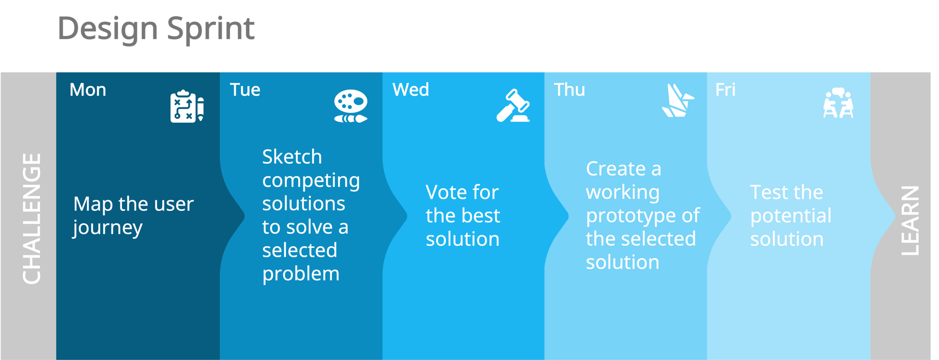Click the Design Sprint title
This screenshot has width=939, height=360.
tap(155, 29)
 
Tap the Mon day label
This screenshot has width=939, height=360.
tap(88, 90)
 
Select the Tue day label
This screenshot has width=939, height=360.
tap(245, 90)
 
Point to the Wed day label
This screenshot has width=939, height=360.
tap(411, 90)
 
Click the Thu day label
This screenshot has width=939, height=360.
tap(569, 90)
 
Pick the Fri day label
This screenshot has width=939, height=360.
tap(725, 90)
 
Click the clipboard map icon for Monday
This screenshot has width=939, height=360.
tap(186, 107)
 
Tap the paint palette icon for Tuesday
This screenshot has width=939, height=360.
tap(351, 106)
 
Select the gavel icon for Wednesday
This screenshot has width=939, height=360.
tap(513, 106)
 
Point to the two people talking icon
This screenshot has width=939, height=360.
tap(838, 103)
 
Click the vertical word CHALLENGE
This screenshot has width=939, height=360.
tap(31, 219)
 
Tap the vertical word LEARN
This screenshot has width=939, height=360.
tap(910, 220)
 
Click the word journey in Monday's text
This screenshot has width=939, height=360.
tap(107, 228)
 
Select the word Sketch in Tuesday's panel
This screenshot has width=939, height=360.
tap(292, 157)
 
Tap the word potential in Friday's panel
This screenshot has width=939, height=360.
tap(790, 216)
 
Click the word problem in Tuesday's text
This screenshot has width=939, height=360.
tap(300, 274)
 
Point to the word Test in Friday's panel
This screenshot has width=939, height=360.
tap(768, 193)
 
